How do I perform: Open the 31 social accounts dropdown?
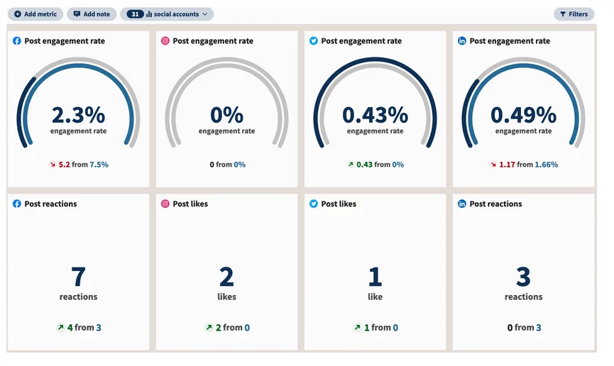tap(167, 14)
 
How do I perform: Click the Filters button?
tap(574, 14)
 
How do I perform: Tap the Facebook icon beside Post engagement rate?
tap(17, 41)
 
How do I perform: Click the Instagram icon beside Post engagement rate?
tap(165, 41)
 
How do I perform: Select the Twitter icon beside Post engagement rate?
tap(314, 41)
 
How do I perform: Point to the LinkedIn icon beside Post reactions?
tap(462, 204)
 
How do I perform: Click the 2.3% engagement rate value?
tap(78, 115)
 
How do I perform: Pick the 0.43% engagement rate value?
tap(375, 115)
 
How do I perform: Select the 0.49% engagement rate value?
tap(523, 115)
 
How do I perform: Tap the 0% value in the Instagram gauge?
tap(226, 115)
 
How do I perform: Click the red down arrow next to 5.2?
tap(52, 165)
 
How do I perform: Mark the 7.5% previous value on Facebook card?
tap(99, 165)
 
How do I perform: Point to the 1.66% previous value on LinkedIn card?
tap(547, 165)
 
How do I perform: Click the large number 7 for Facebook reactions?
tap(78, 277)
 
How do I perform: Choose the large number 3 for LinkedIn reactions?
tap(523, 277)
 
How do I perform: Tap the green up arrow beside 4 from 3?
tap(60, 328)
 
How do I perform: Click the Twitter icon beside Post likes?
tap(314, 204)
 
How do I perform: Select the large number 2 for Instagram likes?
tap(226, 277)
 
